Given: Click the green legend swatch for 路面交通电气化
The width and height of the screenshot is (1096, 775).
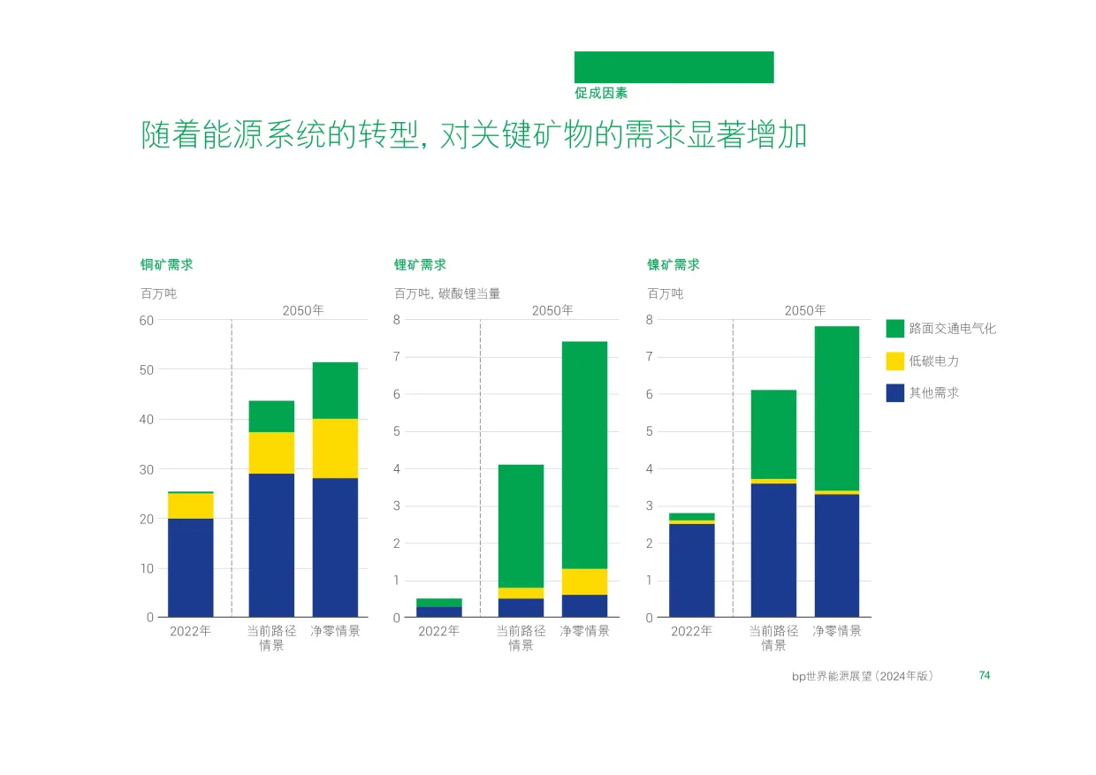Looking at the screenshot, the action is [x=894, y=329].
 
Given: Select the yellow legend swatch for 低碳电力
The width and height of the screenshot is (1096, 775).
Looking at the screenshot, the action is [x=894, y=361].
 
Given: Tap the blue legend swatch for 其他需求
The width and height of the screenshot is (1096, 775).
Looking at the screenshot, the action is [x=894, y=393].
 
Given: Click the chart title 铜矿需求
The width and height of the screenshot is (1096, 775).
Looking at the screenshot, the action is [x=167, y=265].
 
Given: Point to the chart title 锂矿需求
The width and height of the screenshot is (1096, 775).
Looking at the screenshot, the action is [x=421, y=265].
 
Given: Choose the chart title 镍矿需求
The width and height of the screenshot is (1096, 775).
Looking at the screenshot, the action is [x=674, y=265].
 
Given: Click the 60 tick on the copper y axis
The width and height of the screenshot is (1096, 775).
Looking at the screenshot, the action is [x=147, y=321].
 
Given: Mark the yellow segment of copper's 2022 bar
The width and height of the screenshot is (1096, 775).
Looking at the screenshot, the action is [x=191, y=505].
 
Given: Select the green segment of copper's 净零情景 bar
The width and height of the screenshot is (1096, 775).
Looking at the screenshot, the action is [x=335, y=391].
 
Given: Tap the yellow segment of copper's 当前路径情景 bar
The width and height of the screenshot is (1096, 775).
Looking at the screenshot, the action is [x=271, y=452].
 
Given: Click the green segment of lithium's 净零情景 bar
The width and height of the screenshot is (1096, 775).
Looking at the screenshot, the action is [x=585, y=455].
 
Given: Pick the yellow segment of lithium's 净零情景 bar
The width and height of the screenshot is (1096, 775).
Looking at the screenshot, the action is [x=585, y=581].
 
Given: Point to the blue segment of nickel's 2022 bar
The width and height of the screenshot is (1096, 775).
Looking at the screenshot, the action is [x=692, y=571].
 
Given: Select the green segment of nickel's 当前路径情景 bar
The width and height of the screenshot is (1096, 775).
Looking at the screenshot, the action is [x=773, y=435].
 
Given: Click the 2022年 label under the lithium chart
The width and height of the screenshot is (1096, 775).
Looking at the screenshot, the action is [x=439, y=631].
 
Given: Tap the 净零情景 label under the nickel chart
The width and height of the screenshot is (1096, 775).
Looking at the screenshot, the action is [x=837, y=631].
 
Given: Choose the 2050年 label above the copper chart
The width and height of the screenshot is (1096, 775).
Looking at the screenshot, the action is [x=303, y=311].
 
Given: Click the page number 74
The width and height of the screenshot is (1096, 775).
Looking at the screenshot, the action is [x=985, y=675].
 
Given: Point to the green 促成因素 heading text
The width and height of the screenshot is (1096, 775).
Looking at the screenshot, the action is [x=601, y=93].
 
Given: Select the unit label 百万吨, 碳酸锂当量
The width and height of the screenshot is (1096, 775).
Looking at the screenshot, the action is [x=447, y=293].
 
